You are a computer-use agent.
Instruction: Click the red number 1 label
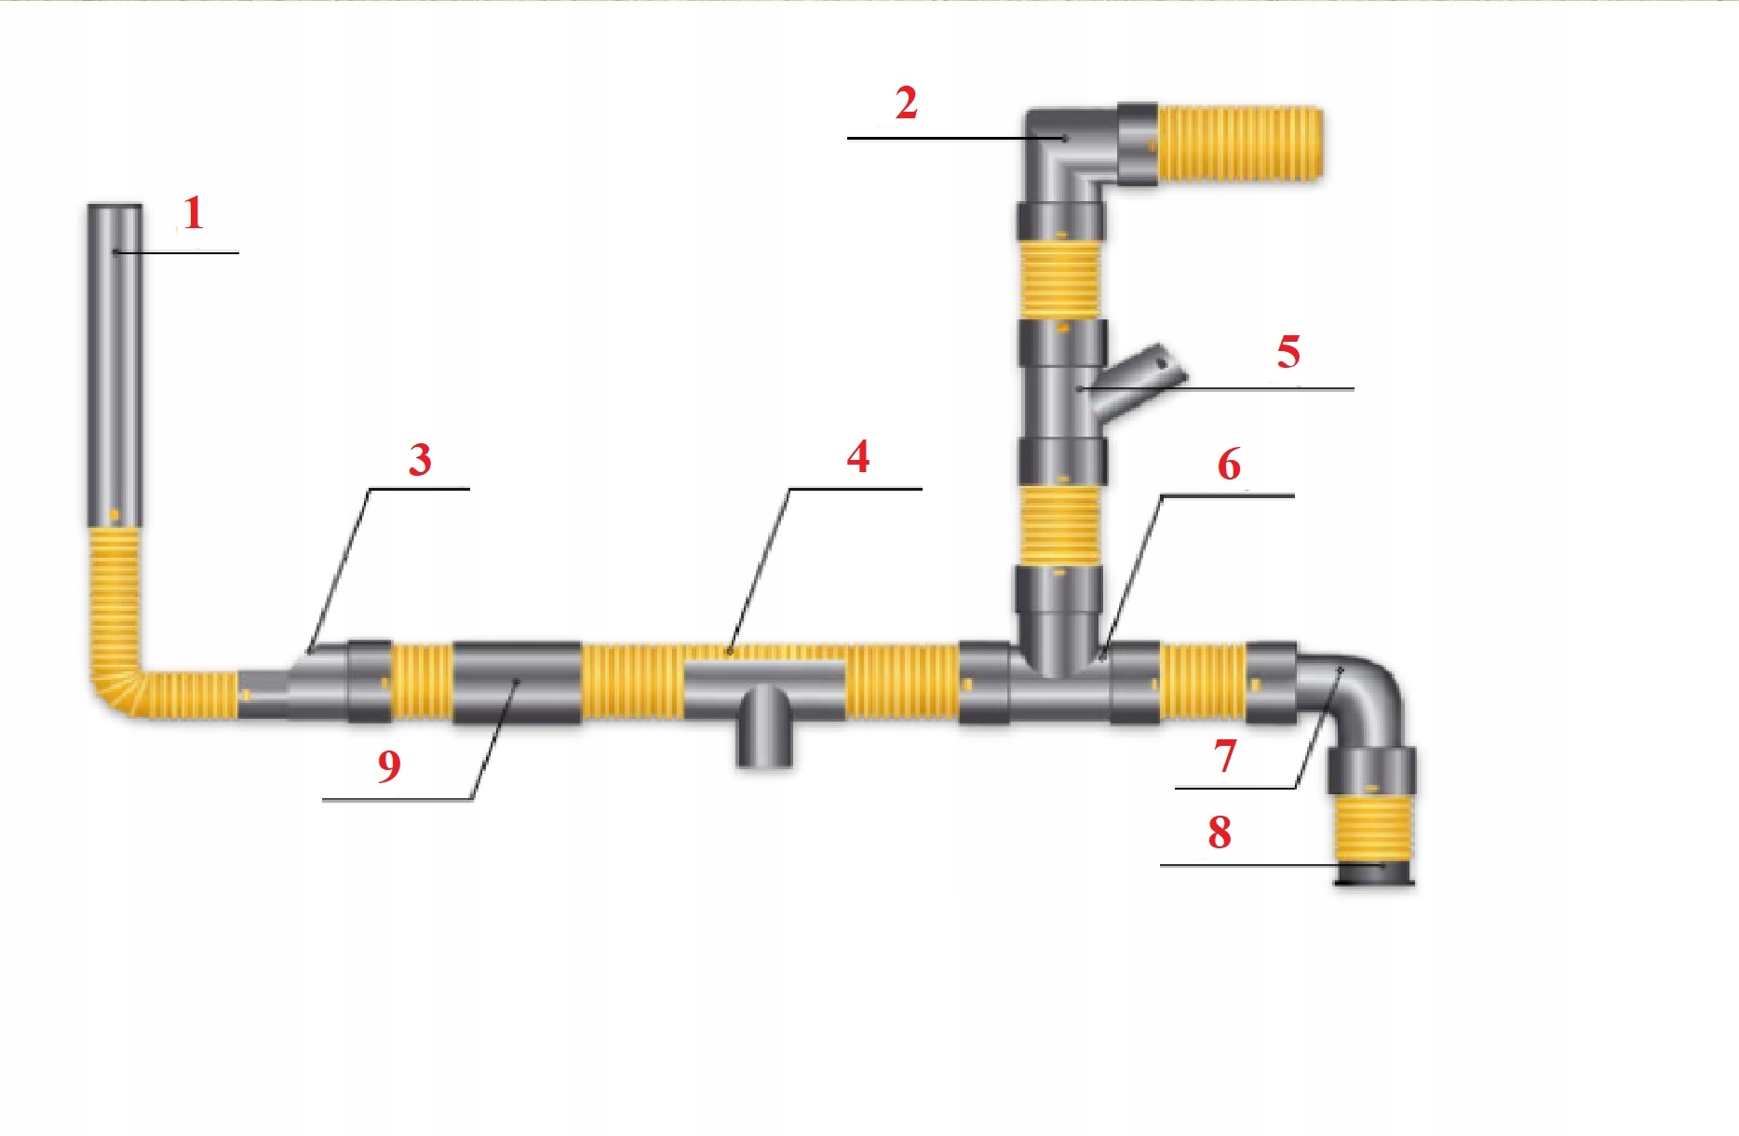193,214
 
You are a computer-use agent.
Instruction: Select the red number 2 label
906,102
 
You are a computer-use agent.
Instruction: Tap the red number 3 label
420,460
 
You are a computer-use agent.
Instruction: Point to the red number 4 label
857,457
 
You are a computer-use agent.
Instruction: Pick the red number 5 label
1287,352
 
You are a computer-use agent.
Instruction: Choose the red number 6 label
1229,465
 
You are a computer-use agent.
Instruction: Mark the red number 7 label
1225,756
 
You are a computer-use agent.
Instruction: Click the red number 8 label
1220,832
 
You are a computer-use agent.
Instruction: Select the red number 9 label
389,766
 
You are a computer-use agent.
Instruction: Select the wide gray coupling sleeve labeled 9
517,683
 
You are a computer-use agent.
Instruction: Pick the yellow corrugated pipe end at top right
1238,143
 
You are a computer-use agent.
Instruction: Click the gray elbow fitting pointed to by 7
1359,694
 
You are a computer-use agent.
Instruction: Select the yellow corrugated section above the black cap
1372,828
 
